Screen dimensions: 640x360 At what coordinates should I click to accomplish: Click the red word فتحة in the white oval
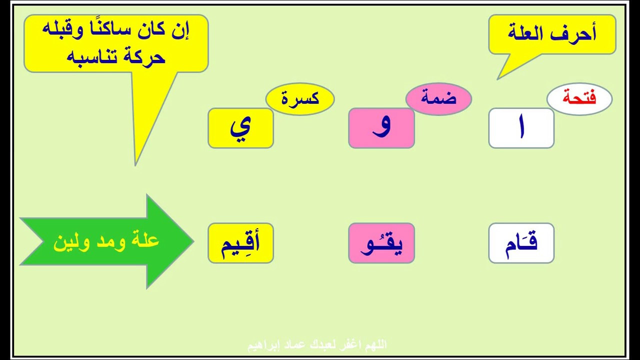tap(579, 97)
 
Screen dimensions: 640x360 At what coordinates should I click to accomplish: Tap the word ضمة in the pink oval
tap(438, 97)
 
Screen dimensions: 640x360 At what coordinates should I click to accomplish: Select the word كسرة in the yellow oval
tap(300, 98)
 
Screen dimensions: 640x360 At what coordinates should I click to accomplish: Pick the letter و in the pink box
tap(381, 127)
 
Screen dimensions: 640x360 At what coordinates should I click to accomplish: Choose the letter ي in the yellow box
tap(241, 129)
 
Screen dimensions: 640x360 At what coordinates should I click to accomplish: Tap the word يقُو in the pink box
tap(381, 244)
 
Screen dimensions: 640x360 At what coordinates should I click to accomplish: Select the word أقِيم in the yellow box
tap(240, 244)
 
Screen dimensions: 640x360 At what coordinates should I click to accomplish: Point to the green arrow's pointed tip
tap(193, 241)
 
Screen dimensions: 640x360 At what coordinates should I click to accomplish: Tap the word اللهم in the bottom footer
tap(375, 345)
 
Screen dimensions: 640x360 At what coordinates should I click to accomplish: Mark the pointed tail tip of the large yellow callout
tap(135, 165)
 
